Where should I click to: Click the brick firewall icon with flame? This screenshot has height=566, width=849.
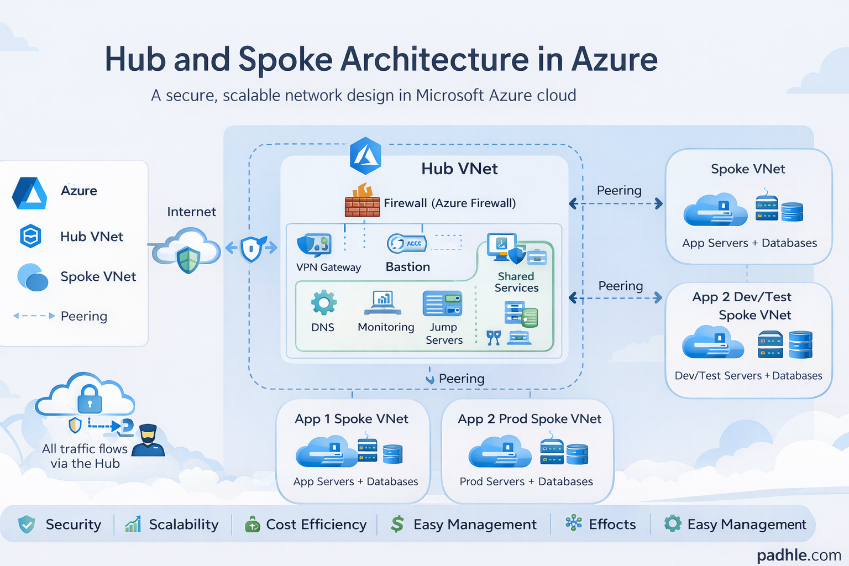363,201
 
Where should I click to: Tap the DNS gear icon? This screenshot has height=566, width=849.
323,302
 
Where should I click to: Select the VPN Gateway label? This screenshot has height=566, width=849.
328,268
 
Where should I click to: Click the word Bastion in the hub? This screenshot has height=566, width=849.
407,267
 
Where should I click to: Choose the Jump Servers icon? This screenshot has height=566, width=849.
442,303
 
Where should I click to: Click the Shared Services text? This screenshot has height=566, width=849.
516,282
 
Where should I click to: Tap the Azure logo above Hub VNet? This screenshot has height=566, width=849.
365,156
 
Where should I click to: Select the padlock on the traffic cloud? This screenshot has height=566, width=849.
90,399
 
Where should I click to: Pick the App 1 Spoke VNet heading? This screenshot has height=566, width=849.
352,419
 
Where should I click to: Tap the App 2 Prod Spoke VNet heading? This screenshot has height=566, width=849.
529,419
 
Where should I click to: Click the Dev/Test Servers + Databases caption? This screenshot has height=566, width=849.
748,376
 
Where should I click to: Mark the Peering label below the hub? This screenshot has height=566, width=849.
461,379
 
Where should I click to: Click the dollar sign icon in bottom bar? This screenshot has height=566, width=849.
397,524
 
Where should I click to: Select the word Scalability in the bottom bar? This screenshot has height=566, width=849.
184,524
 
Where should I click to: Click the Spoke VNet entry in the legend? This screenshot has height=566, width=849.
98,276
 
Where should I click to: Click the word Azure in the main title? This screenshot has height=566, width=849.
614,59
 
